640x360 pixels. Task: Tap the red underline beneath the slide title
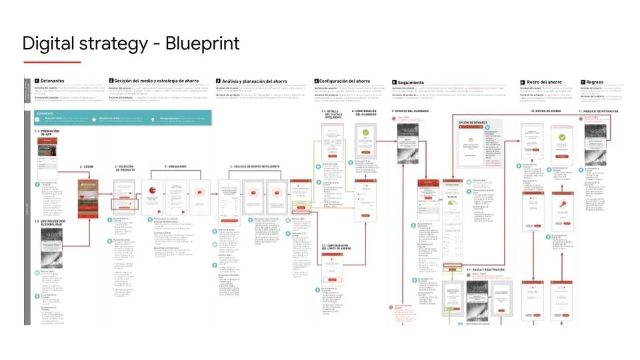tap(51, 63)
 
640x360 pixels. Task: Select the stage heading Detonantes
tap(53, 80)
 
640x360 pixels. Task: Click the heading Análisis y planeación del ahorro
tap(254, 80)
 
